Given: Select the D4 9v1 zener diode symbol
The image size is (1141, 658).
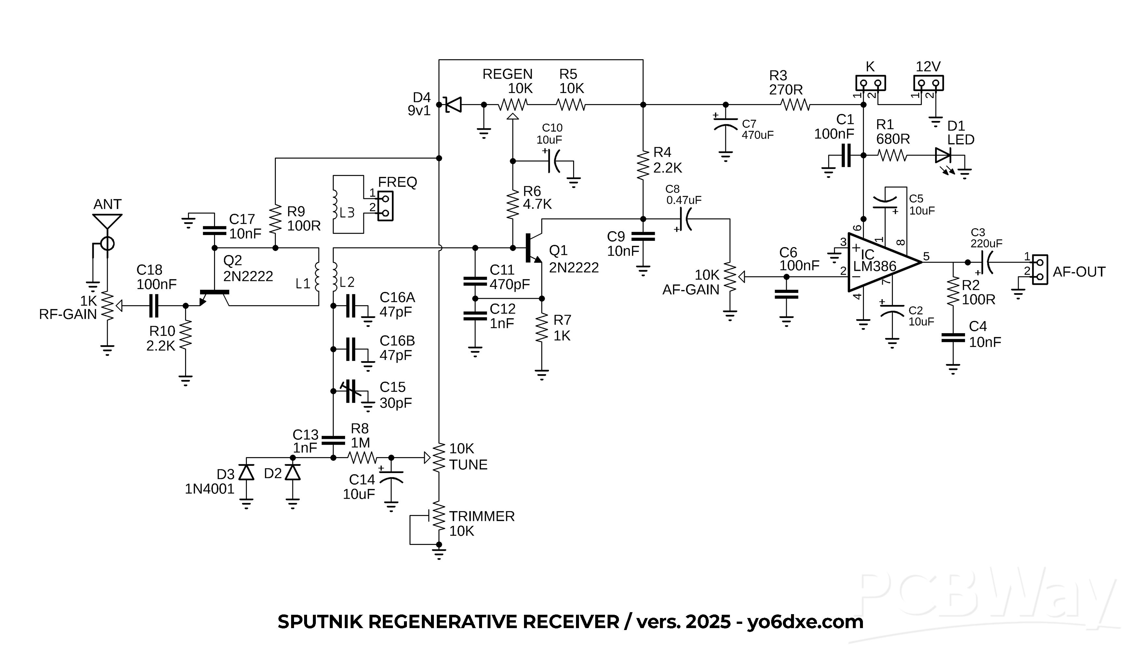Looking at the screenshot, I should click(453, 104).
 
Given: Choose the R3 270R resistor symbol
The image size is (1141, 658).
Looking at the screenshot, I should click(795, 105).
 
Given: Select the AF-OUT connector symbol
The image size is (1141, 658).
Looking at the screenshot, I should click(1040, 270).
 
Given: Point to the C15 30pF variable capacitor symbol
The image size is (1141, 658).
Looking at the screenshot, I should click(351, 391).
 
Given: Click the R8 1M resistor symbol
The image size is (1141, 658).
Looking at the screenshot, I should click(362, 458).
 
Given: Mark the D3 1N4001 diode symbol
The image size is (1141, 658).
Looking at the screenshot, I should click(246, 472).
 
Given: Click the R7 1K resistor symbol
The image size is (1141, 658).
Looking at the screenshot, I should click(542, 329).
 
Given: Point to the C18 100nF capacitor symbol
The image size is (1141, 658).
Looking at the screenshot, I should click(154, 306).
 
